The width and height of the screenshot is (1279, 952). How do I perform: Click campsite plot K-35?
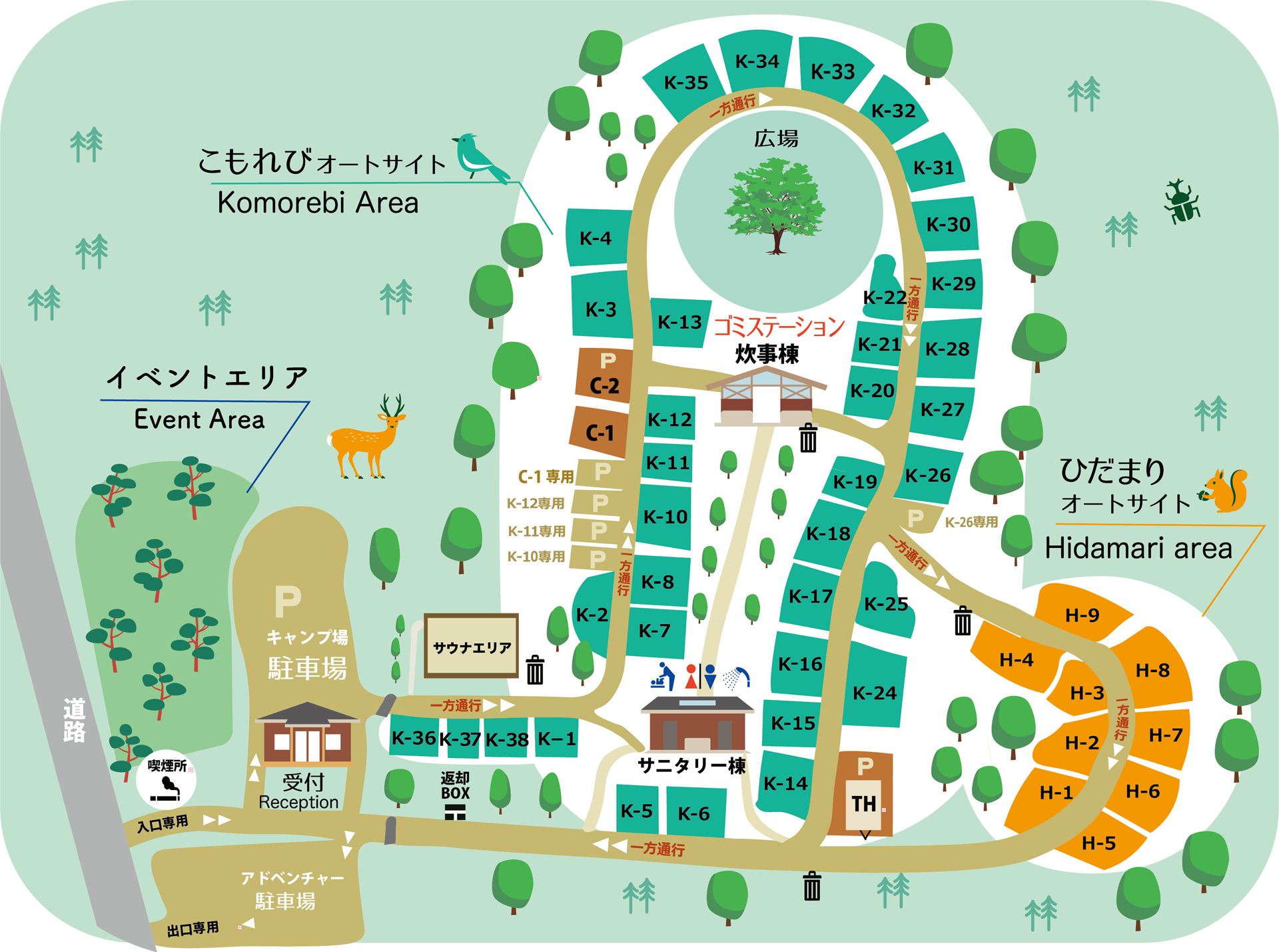click(685, 83)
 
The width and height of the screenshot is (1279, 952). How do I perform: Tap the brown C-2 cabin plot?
click(604, 375)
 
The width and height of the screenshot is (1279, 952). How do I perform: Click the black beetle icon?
click(1182, 202)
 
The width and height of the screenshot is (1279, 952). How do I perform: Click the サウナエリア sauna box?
click(472, 646)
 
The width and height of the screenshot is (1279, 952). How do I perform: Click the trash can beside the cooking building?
click(808, 438)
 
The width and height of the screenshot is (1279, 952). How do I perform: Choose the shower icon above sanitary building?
click(736, 677)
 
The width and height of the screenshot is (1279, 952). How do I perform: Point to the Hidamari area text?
click(1138, 548)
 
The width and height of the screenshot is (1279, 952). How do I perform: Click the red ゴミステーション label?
click(779, 327)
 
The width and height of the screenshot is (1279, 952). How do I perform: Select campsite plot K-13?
click(679, 322)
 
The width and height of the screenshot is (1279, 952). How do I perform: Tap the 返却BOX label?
click(455, 786)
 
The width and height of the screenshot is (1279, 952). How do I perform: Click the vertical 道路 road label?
click(74, 720)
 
